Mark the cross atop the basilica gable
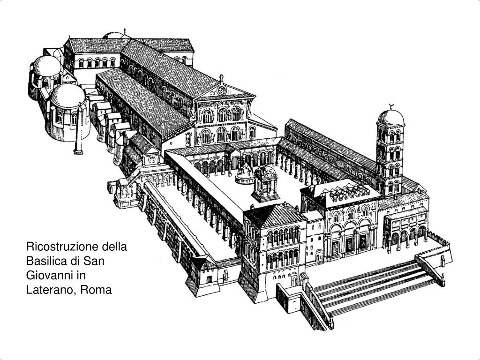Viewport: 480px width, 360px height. click(221, 78)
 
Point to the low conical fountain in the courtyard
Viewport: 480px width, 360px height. click(245, 175)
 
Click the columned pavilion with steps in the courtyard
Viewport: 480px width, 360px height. click(265, 184)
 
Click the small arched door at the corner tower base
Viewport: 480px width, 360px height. click(294, 280)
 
